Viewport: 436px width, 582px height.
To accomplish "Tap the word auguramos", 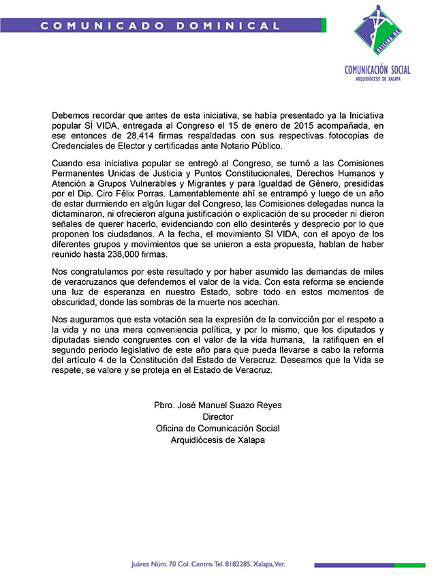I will click(x=93, y=321).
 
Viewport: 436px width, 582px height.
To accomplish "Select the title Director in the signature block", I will click(x=218, y=416).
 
